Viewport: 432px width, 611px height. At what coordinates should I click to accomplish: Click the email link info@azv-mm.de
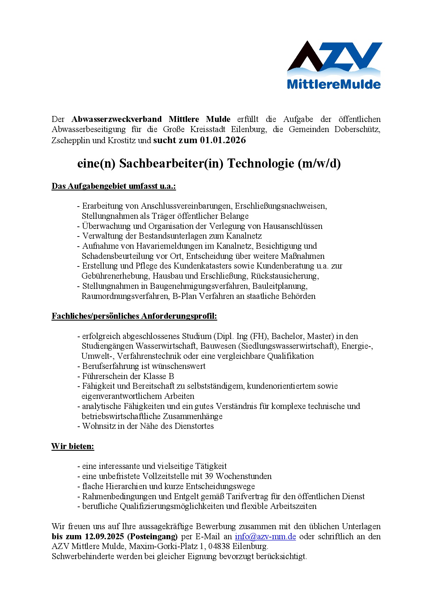click(x=265, y=536)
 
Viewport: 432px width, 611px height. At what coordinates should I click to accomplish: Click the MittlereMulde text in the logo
click(x=333, y=84)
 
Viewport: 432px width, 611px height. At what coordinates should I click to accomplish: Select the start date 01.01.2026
click(x=223, y=140)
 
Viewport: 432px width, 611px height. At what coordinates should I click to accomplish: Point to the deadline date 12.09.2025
click(x=104, y=536)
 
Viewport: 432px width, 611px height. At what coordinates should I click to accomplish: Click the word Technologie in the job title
click(x=261, y=163)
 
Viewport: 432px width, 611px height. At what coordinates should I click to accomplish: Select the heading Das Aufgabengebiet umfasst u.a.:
click(x=114, y=186)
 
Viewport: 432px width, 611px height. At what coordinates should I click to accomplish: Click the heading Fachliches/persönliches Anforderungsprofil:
click(x=134, y=316)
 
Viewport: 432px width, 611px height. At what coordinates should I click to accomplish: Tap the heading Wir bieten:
click(x=72, y=447)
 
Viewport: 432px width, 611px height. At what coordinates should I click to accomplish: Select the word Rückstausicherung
click(x=284, y=276)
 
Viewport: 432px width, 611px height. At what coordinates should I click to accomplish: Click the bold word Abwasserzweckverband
click(x=116, y=119)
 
